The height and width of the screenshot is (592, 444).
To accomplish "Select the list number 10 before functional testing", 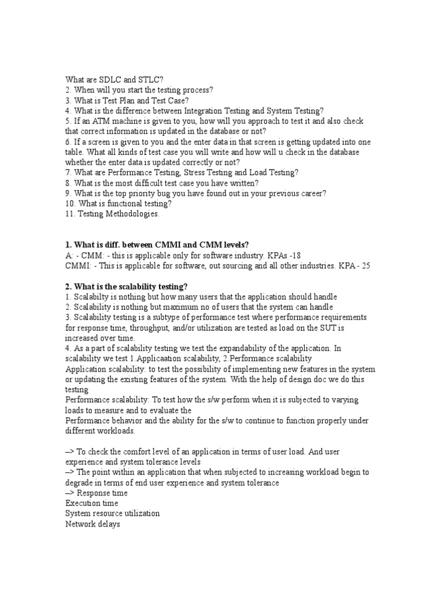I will point(69,203).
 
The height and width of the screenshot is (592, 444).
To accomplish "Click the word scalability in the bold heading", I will point(128,287).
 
